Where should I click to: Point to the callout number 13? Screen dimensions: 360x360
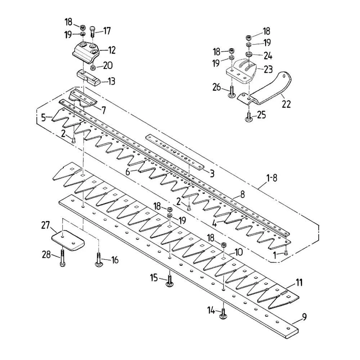[111, 81]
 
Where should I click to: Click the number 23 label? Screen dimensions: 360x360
[268, 69]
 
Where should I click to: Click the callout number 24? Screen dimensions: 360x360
[268, 56]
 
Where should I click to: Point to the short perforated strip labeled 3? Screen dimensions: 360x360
[175, 152]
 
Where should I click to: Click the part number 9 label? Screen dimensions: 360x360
[304, 318]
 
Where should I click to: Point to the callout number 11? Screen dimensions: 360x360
[300, 282]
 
